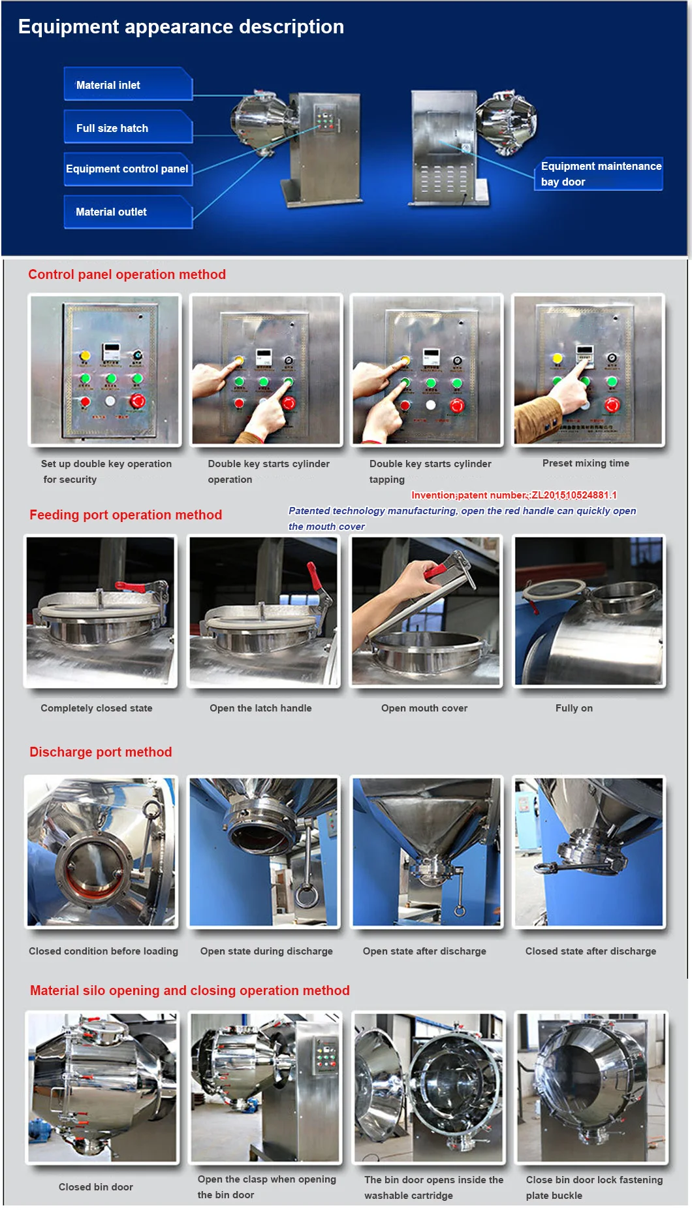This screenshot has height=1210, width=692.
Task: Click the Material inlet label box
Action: click(128, 84)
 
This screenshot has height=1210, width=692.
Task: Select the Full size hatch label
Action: click(128, 127)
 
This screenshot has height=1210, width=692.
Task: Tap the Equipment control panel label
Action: click(128, 169)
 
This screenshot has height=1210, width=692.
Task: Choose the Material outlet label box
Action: click(128, 212)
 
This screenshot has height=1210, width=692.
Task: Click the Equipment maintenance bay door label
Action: click(601, 174)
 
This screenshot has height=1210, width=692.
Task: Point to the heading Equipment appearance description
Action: click(181, 27)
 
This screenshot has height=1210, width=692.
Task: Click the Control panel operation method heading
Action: click(127, 274)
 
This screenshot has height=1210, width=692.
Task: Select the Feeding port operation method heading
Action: click(125, 515)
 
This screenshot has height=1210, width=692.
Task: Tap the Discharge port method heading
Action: click(101, 752)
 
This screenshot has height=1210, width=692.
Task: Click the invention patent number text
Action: click(514, 495)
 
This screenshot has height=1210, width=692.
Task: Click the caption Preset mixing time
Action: click(586, 463)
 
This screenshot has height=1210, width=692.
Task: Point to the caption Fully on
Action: click(574, 708)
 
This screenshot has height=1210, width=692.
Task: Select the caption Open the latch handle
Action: click(260, 708)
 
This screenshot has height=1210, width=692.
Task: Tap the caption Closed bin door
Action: click(96, 1187)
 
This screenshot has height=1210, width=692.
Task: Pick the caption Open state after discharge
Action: click(424, 951)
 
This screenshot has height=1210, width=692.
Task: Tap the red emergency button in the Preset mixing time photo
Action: click(612, 405)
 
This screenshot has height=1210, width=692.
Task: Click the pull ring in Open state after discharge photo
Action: click(460, 911)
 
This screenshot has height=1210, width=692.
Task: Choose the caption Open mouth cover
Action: click(424, 708)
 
